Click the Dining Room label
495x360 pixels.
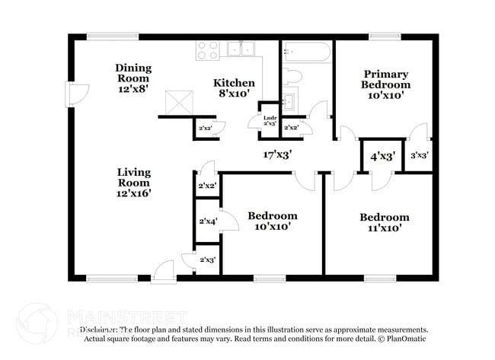[133, 78]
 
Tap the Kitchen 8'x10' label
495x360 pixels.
[234, 88]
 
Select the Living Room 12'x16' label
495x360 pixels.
[133, 183]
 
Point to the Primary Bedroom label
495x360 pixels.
[385, 84]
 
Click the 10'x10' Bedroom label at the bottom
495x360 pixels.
[272, 221]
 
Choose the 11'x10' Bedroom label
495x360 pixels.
[384, 221]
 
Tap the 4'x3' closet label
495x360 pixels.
[382, 157]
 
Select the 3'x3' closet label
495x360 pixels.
[419, 155]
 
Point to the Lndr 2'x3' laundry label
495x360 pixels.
[270, 119]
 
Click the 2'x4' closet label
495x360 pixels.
[207, 221]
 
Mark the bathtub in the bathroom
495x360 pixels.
[307, 53]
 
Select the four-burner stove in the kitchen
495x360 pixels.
[209, 50]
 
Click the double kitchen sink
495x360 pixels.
[243, 49]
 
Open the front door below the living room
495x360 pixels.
[163, 269]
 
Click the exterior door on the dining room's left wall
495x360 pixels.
[76, 94]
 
